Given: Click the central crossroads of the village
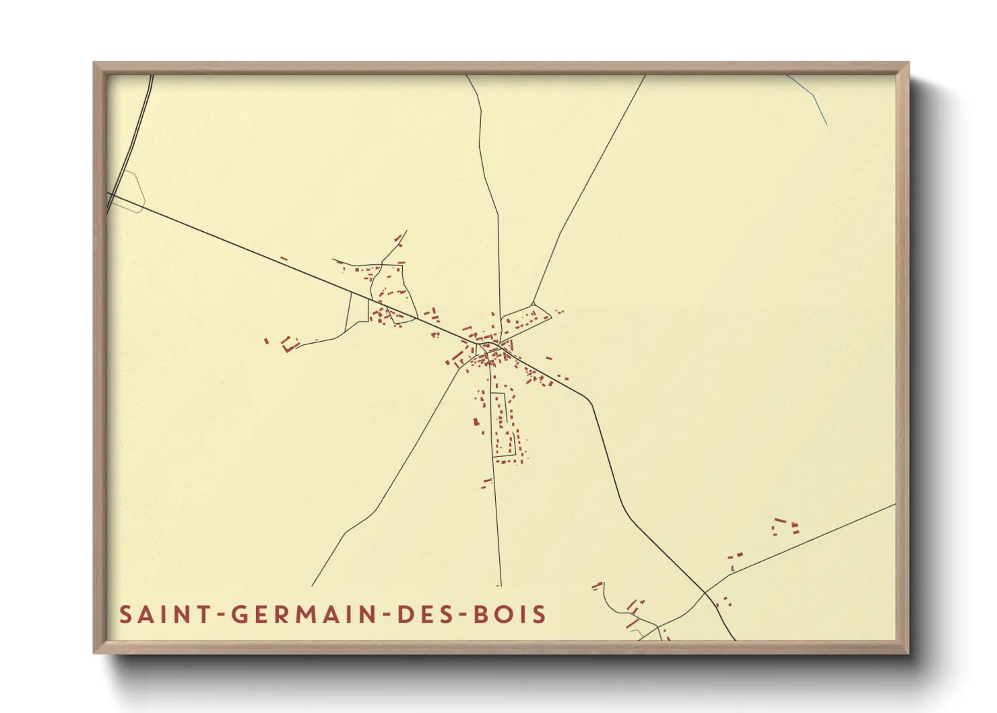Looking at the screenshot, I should (479, 345).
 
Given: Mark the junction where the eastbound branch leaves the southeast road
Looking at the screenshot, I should (705, 593).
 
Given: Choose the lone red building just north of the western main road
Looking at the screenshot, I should (284, 258).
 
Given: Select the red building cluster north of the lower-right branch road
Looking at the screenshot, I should (785, 526).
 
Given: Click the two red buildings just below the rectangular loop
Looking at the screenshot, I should (486, 483).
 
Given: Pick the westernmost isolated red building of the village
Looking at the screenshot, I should (267, 341).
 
